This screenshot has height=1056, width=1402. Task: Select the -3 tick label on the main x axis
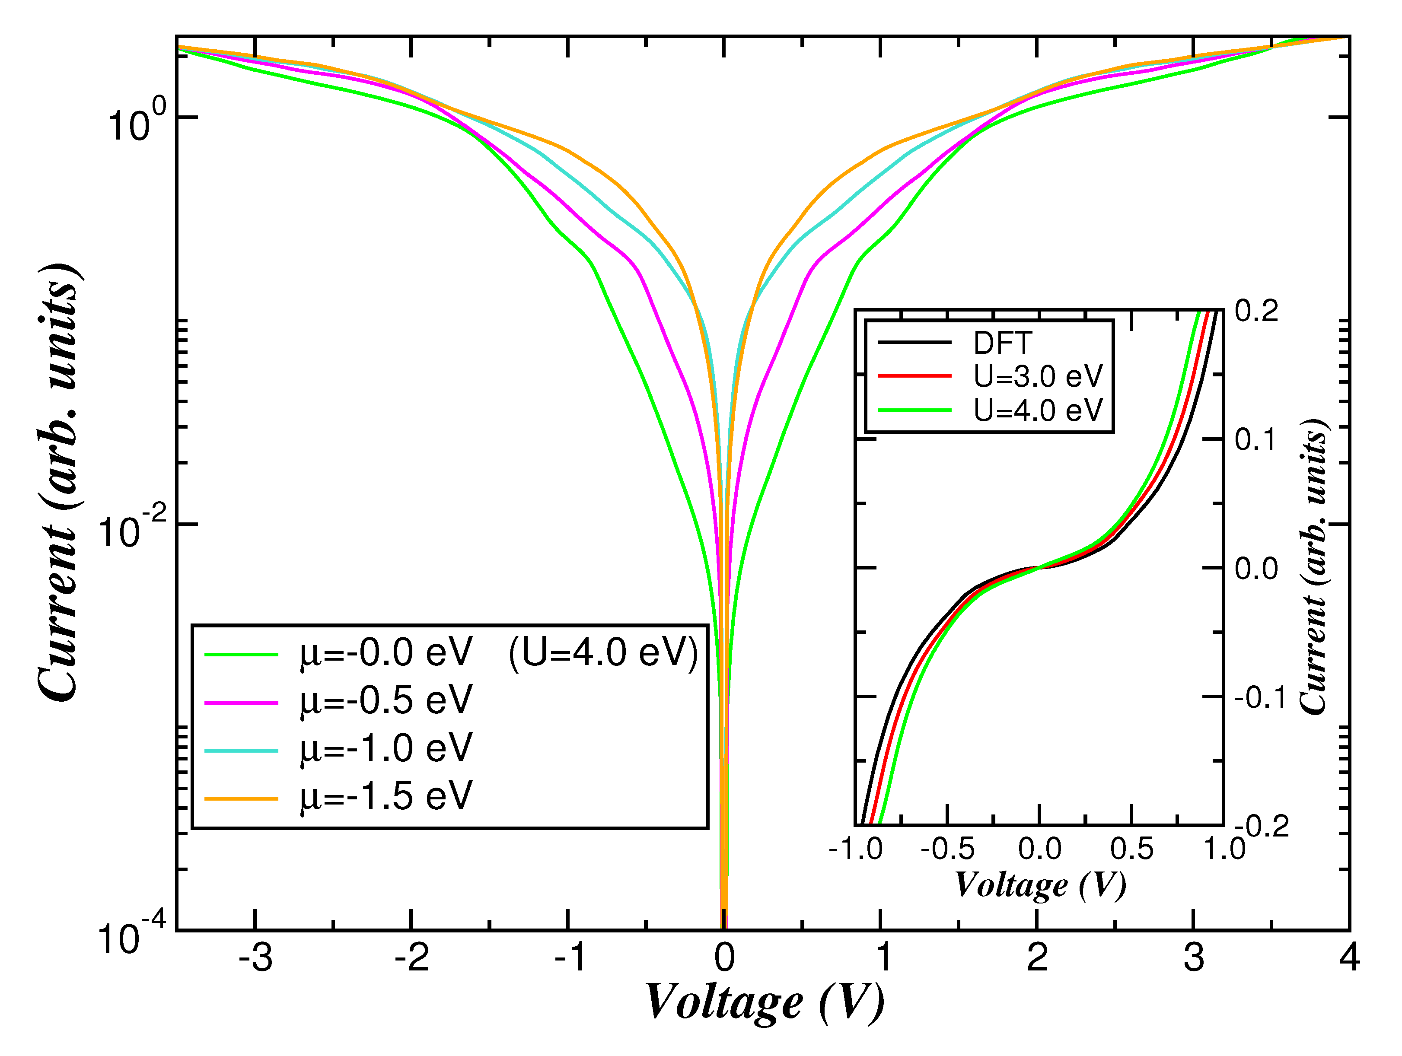[x=255, y=958]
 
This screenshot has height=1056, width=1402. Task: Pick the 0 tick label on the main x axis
[x=724, y=958]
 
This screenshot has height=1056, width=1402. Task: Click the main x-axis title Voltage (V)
[x=765, y=1003]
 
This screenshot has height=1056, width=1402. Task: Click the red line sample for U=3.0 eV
[x=914, y=376]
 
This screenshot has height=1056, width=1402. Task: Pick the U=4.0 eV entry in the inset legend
[x=1038, y=410]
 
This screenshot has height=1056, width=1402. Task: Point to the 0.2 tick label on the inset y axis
[x=1256, y=312]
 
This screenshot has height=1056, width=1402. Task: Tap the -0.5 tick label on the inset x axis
[x=947, y=849]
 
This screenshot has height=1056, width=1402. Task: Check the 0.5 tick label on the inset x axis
[x=1131, y=849]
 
